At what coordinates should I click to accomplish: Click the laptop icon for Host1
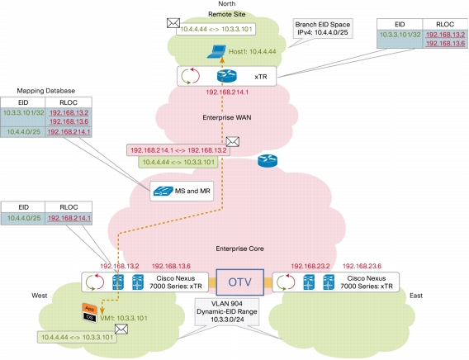tap(216, 51)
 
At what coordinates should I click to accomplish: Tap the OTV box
tap(240, 282)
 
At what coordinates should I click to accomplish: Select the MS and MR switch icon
tap(163, 191)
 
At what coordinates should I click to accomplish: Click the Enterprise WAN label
tap(227, 117)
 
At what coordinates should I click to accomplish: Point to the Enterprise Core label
tap(240, 249)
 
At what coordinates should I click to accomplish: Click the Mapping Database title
tap(45, 91)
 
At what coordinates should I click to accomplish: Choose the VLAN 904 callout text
tap(227, 311)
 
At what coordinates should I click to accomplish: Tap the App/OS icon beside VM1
tap(90, 313)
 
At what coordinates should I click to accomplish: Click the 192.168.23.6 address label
tap(362, 266)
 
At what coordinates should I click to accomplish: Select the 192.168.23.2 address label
tap(310, 266)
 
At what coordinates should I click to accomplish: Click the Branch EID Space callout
tap(323, 28)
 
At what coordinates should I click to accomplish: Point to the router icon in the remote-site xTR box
tap(227, 76)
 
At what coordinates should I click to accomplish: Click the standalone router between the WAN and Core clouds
tap(268, 161)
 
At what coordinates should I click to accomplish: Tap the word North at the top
tap(227, 3)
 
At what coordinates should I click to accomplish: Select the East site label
tap(416, 296)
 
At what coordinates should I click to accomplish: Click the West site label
tap(40, 296)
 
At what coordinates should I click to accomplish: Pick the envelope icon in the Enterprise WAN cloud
tap(233, 142)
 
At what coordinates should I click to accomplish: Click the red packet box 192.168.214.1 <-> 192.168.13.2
tap(178, 150)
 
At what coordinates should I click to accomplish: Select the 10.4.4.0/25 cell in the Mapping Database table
tap(23, 132)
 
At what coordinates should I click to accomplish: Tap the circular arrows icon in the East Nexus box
tap(286, 282)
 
